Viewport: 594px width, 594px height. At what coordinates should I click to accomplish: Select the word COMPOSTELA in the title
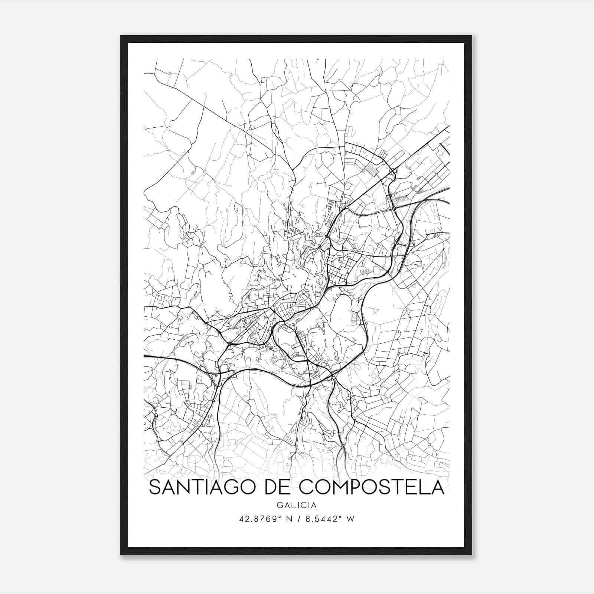[372, 487]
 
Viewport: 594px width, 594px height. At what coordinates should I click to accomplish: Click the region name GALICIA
[296, 505]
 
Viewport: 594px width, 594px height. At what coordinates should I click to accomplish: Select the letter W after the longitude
[350, 519]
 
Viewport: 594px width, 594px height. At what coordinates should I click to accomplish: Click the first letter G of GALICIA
[279, 505]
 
